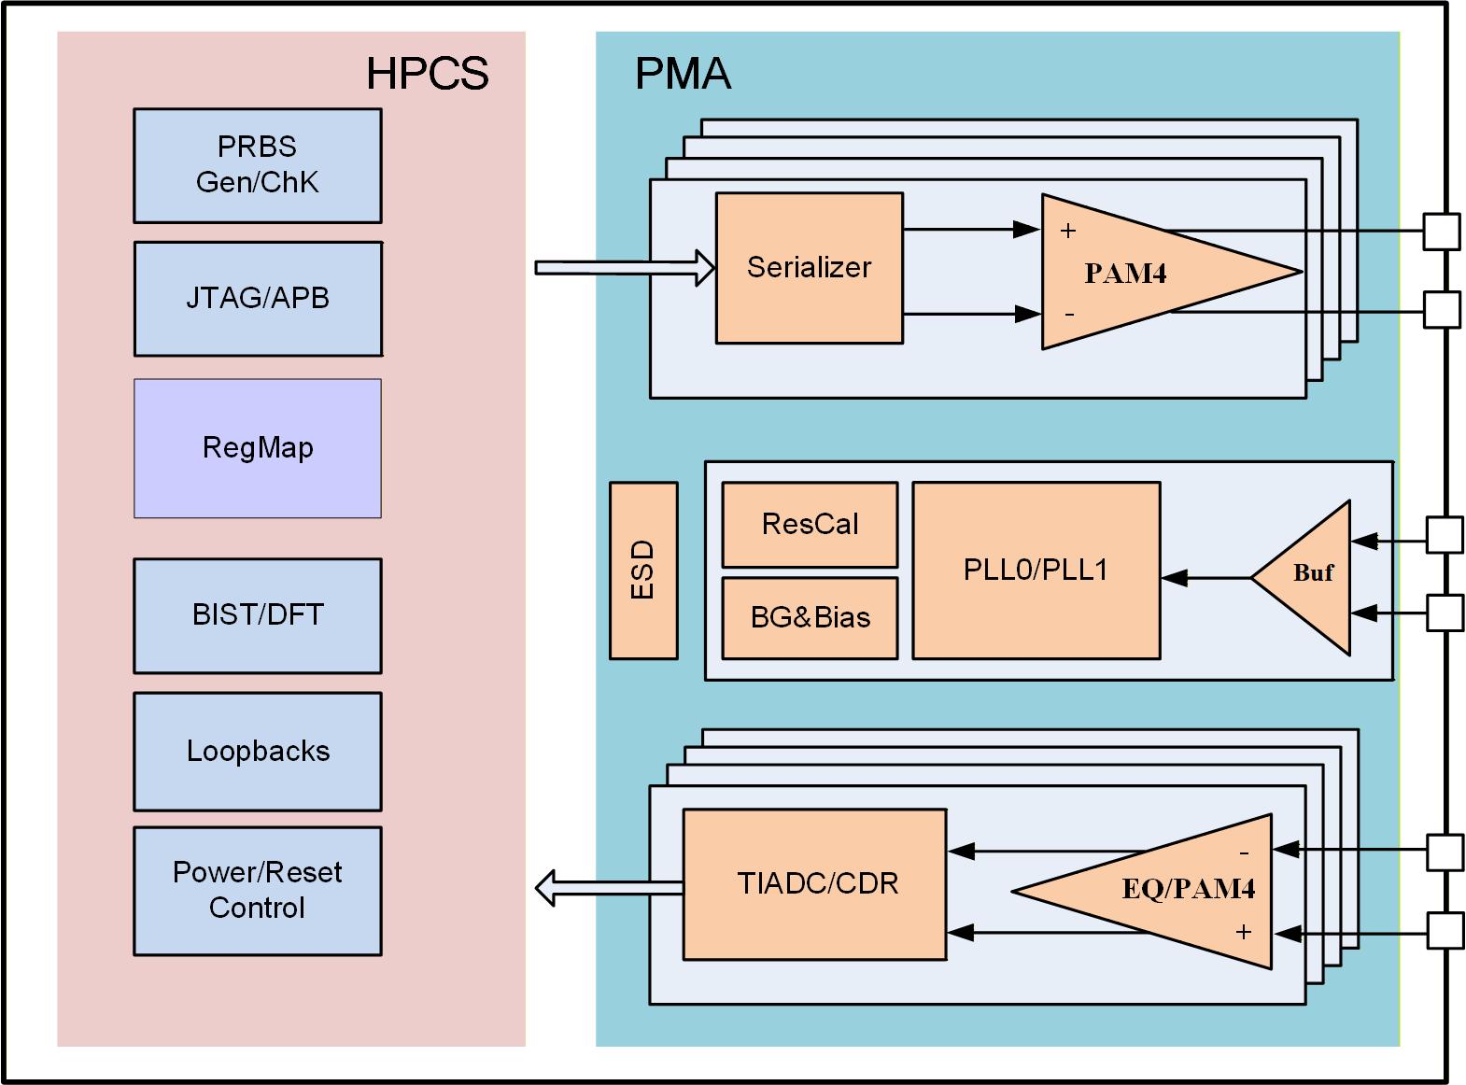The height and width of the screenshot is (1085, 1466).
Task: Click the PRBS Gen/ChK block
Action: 257,165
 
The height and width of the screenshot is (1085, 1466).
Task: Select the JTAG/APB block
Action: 257,299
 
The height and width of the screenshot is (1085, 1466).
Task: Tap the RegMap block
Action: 257,448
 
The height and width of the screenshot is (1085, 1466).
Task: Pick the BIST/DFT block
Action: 257,615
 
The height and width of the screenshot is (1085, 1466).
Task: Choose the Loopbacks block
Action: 257,752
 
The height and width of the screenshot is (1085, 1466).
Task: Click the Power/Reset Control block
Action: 257,890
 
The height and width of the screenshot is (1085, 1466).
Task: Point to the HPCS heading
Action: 427,74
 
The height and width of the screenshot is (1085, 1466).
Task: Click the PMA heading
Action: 683,74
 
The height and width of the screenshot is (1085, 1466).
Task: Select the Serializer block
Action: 809,268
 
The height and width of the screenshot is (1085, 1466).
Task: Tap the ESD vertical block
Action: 643,571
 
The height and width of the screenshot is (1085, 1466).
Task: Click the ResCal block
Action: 810,524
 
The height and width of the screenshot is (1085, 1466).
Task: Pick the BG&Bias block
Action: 810,617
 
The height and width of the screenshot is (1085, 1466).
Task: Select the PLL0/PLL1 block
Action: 1036,570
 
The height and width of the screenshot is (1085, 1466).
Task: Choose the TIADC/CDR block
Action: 814,883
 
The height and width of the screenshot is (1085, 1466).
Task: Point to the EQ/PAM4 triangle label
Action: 1188,888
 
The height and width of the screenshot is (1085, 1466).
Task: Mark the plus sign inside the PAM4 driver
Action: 1068,231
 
